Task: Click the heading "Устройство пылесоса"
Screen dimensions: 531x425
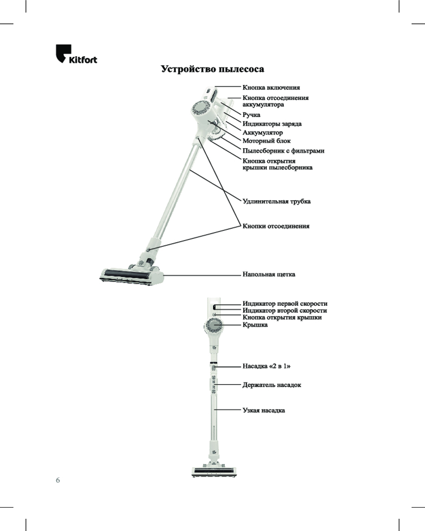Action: coord(212,70)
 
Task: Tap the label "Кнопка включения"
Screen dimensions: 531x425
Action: coord(271,87)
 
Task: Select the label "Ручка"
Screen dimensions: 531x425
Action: coord(251,115)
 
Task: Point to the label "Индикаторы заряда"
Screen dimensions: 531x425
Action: coord(272,124)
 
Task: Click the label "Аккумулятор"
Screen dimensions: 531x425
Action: coord(262,132)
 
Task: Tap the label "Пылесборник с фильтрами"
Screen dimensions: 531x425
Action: coord(283,151)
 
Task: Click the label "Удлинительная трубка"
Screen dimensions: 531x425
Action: coord(276,202)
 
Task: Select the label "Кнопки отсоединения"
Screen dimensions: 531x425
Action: coord(276,226)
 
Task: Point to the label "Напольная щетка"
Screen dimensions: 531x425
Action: coord(268,275)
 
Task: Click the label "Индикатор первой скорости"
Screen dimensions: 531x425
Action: coord(284,303)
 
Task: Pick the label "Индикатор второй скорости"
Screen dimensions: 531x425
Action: coord(284,310)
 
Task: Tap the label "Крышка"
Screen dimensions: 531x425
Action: coord(255,324)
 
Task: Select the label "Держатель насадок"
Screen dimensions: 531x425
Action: coord(271,384)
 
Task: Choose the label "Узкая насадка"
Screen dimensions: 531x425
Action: coord(263,410)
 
